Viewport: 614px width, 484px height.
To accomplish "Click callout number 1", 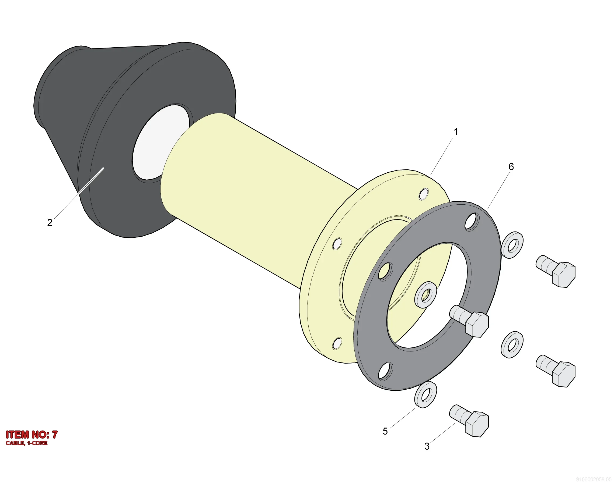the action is (456, 132).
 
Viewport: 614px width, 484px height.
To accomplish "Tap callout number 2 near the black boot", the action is (50, 222).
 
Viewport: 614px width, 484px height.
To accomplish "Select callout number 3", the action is (427, 446).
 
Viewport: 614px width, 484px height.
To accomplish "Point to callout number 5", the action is (385, 431).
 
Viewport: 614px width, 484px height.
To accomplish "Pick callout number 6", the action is (511, 167).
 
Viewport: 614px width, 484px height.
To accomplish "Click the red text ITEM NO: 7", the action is (32, 435).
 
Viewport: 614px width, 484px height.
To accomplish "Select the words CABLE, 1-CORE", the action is (27, 443).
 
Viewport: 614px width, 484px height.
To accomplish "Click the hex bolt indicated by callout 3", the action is (469, 421).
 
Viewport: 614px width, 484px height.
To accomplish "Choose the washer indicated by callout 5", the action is (425, 395).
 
